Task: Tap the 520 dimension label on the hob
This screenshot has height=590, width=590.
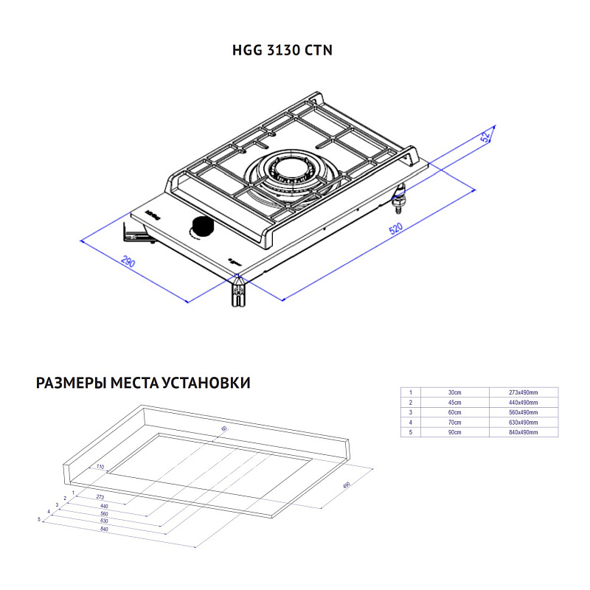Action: tap(396, 229)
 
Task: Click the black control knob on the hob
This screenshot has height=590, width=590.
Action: tap(200, 226)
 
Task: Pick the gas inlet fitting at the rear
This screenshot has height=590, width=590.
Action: tap(400, 195)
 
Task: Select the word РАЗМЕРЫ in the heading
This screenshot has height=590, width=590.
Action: tap(70, 383)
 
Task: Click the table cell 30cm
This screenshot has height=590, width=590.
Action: tap(455, 392)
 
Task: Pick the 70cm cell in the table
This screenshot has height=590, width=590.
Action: tap(455, 423)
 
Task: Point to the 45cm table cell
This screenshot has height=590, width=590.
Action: tap(455, 403)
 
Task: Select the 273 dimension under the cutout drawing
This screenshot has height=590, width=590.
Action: tap(100, 498)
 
